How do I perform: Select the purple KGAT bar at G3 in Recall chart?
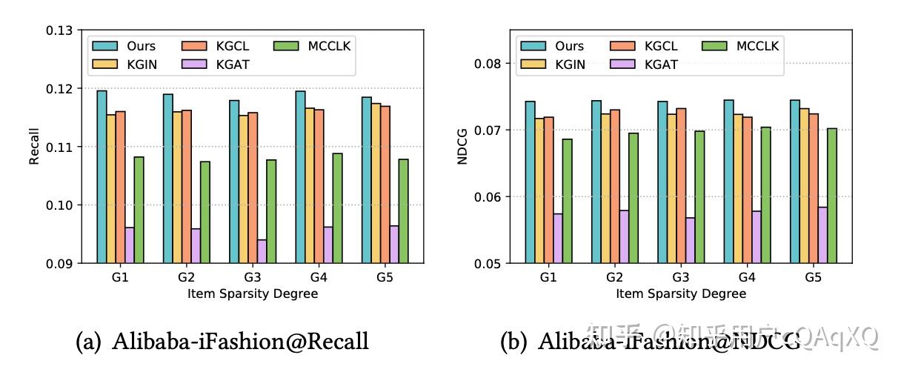click(262, 251)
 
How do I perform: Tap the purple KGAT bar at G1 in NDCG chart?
click(558, 238)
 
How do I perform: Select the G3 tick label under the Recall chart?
click(252, 278)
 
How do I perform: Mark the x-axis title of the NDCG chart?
click(680, 293)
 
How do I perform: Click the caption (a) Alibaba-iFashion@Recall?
click(222, 342)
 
